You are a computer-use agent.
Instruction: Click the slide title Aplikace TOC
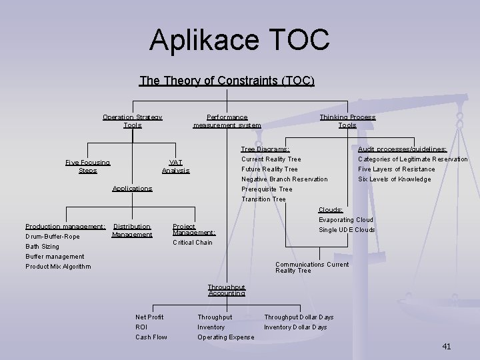click(239, 39)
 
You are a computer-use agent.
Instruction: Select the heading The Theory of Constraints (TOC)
click(227, 81)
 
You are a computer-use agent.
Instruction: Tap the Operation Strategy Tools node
click(132, 121)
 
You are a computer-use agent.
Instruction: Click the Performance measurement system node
click(227, 121)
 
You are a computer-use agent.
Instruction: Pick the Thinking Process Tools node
click(347, 121)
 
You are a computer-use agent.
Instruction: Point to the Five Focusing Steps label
click(88, 167)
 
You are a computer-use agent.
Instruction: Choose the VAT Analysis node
click(175, 167)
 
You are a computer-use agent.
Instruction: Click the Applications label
click(132, 189)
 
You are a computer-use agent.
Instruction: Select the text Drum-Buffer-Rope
click(52, 237)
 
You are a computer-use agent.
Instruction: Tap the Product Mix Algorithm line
click(58, 267)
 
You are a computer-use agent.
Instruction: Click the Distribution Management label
click(132, 231)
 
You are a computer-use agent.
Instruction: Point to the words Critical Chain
click(193, 243)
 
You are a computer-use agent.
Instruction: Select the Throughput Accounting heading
click(226, 290)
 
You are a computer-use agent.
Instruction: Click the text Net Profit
click(149, 317)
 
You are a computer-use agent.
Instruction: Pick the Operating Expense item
click(225, 337)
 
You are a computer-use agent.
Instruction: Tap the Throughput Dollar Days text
click(299, 317)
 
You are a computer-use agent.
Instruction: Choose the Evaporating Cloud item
click(345, 220)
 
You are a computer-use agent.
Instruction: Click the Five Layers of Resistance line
click(396, 169)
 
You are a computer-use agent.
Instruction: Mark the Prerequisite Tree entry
click(267, 189)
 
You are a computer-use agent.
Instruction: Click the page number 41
click(446, 346)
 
